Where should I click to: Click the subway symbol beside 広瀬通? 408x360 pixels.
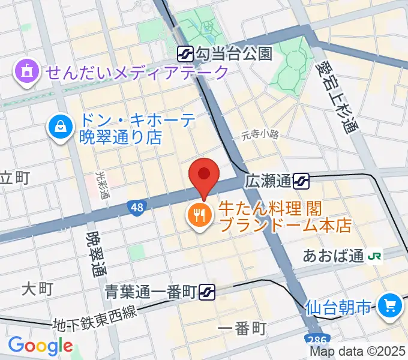[302, 179]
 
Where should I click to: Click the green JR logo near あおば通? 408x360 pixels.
[376, 256]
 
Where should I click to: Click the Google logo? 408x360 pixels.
[40, 346]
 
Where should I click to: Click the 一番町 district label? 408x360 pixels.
[242, 328]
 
